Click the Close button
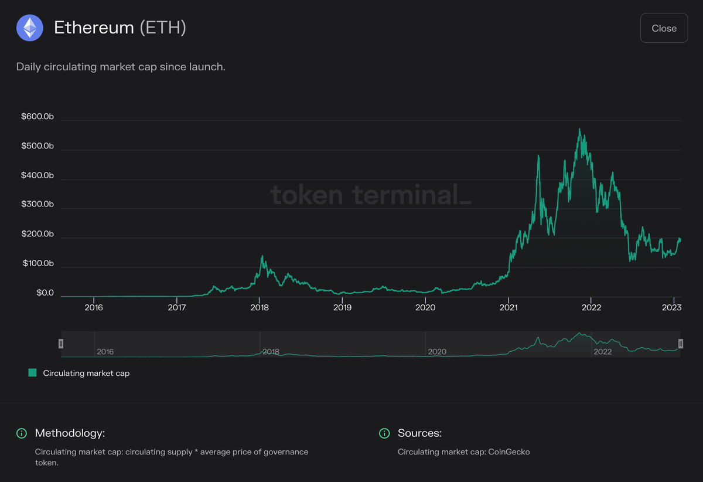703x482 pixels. [x=664, y=28]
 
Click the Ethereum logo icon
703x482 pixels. [x=30, y=28]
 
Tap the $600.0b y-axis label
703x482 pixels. [x=37, y=117]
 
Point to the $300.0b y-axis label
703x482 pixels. [x=37, y=205]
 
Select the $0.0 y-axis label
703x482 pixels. [x=45, y=293]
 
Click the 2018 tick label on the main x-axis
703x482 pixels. [x=260, y=307]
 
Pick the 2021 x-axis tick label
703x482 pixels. [x=509, y=307]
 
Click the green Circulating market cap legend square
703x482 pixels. [x=32, y=373]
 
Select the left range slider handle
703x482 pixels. [x=61, y=344]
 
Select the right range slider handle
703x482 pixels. [x=680, y=344]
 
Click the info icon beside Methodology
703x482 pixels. [x=22, y=433]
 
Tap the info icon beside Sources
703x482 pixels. [x=384, y=433]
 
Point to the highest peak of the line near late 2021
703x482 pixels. [x=579, y=129]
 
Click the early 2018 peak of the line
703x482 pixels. [x=262, y=256]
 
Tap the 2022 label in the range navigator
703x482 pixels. [x=602, y=352]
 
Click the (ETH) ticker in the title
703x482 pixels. [x=163, y=28]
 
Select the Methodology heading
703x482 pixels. [x=70, y=433]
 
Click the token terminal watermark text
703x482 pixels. [x=370, y=195]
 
